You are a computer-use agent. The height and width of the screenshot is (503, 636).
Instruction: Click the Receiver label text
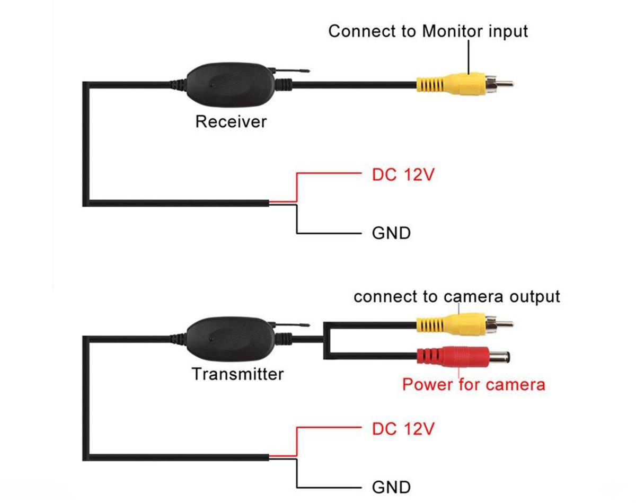(x=231, y=121)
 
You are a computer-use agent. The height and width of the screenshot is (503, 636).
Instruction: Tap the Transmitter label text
(x=237, y=374)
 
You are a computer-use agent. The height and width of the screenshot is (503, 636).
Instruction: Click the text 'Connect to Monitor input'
(x=428, y=31)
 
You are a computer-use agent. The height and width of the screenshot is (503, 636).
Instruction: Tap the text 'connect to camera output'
(x=456, y=296)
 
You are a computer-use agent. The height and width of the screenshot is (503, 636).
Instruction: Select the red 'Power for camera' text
(x=473, y=384)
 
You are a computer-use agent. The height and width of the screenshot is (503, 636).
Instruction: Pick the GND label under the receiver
(x=391, y=233)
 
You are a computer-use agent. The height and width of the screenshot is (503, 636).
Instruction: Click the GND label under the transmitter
(x=391, y=487)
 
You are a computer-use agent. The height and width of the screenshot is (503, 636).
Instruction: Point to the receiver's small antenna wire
(x=291, y=69)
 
